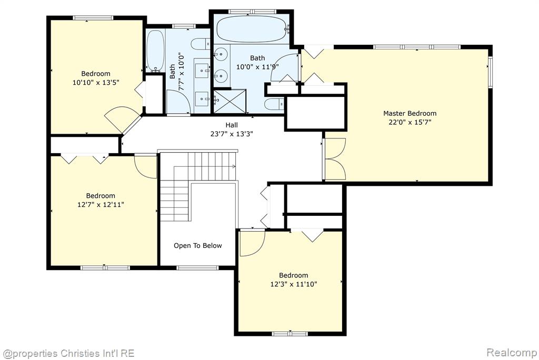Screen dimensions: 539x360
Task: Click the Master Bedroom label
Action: (410, 113)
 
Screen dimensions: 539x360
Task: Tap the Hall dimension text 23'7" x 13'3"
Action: (232, 134)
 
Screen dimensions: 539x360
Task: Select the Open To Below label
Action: (198, 245)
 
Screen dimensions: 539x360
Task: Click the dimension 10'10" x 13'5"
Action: (96, 83)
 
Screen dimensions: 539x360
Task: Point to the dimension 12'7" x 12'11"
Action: (101, 205)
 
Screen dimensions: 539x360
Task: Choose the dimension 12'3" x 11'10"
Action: (294, 284)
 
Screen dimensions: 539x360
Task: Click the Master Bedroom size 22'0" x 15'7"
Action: (410, 122)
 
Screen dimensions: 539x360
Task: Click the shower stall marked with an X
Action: (229, 101)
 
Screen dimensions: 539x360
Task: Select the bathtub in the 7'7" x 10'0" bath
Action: (155, 52)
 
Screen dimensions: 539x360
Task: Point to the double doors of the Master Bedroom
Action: (335, 159)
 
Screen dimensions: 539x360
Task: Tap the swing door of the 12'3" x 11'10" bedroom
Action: (252, 243)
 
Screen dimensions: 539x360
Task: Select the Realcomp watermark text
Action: (511, 353)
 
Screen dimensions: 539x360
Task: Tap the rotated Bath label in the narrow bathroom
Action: (172, 72)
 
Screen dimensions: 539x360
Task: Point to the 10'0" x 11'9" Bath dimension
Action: (257, 67)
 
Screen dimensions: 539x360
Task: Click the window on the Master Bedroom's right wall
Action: (491, 72)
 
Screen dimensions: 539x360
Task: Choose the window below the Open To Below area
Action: (197, 267)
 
